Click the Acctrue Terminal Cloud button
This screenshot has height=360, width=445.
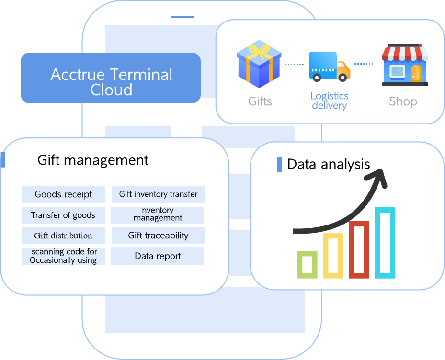(x=111, y=78)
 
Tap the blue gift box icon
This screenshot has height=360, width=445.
(x=259, y=65)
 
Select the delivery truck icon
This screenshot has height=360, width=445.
(x=330, y=67)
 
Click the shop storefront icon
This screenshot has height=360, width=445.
(x=405, y=65)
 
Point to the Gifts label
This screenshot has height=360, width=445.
(x=260, y=101)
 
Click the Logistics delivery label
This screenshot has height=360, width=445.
(x=330, y=101)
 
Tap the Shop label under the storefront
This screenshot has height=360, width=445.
(x=403, y=101)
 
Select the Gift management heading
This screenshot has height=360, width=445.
(x=93, y=160)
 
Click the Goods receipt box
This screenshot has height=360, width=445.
(x=63, y=194)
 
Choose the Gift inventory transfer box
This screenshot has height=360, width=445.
(x=158, y=194)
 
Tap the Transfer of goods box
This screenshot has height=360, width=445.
(x=63, y=215)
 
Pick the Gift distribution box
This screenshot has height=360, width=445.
(x=63, y=236)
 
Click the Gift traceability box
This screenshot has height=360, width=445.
(x=158, y=236)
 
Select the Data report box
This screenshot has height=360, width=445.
(x=158, y=256)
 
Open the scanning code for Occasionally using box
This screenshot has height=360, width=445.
(x=63, y=256)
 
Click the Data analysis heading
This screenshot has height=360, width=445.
(x=329, y=164)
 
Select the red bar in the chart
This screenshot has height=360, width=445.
(x=359, y=249)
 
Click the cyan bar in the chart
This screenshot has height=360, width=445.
(x=385, y=243)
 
